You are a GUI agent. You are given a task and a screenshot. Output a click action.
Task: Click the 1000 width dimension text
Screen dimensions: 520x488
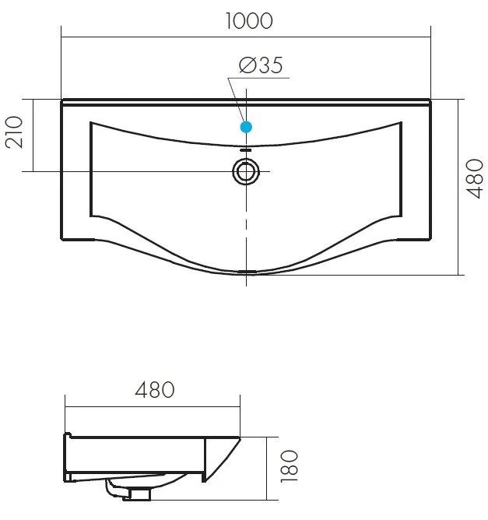(248, 20)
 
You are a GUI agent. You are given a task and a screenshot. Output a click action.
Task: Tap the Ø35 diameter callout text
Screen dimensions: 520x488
(261, 66)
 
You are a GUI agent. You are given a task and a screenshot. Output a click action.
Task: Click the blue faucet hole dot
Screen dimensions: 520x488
(246, 126)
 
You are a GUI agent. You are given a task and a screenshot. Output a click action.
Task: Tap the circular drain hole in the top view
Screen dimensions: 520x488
(246, 171)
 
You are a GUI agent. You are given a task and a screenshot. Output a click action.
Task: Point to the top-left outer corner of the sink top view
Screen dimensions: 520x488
(62, 100)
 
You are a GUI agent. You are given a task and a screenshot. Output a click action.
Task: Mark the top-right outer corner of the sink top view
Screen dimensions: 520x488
(430, 100)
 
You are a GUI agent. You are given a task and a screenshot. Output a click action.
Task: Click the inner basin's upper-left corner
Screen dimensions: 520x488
(92, 122)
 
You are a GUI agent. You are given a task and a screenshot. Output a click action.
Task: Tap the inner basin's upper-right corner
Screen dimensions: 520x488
(401, 122)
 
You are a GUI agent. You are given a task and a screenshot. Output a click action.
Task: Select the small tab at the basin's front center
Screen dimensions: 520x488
(246, 272)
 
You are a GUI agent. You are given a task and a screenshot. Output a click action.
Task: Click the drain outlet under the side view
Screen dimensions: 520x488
(140, 491)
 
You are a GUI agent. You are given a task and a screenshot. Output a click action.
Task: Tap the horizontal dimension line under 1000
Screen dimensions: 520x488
(246, 37)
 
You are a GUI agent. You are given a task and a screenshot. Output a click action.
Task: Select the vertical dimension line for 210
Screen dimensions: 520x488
(33, 135)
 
